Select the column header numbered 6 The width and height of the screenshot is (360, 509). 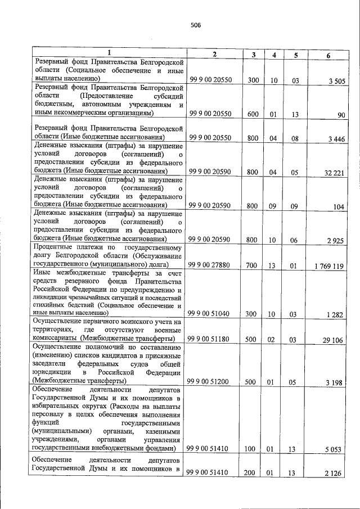tap(328, 55)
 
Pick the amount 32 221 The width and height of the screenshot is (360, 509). tap(333, 172)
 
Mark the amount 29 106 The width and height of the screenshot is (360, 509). tap(333, 340)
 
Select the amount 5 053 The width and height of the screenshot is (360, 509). tap(335, 449)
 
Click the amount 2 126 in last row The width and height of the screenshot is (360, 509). tap(335, 474)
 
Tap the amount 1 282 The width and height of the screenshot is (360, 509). tap(335, 314)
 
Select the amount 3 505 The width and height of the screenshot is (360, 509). tap(335, 82)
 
